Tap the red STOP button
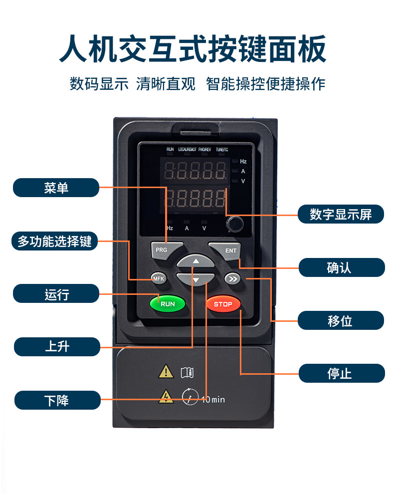[x=223, y=304]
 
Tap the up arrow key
[x=196, y=261]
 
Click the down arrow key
[x=196, y=279]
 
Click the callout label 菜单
[x=56, y=188]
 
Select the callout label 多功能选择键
[x=55, y=242]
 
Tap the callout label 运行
[x=56, y=294]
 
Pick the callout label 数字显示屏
[x=341, y=215]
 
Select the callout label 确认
[x=340, y=267]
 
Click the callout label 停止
[x=340, y=373]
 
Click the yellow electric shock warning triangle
[x=166, y=397]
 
